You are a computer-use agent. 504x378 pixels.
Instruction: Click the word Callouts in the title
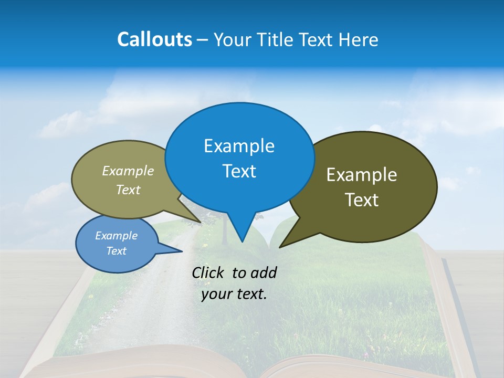pyautogui.click(x=154, y=39)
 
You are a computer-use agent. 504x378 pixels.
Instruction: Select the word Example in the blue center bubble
pyautogui.click(x=239, y=145)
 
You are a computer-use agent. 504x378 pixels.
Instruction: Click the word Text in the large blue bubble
pyautogui.click(x=239, y=171)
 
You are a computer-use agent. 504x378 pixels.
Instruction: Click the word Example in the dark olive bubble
pyautogui.click(x=362, y=175)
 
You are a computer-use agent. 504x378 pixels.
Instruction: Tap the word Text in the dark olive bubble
pyautogui.click(x=362, y=200)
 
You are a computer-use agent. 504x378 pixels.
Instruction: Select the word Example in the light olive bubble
pyautogui.click(x=128, y=171)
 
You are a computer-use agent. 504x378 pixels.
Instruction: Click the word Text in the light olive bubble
pyautogui.click(x=128, y=190)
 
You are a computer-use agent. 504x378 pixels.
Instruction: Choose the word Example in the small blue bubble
pyautogui.click(x=116, y=236)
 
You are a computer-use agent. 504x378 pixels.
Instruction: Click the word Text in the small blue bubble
pyautogui.click(x=116, y=251)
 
